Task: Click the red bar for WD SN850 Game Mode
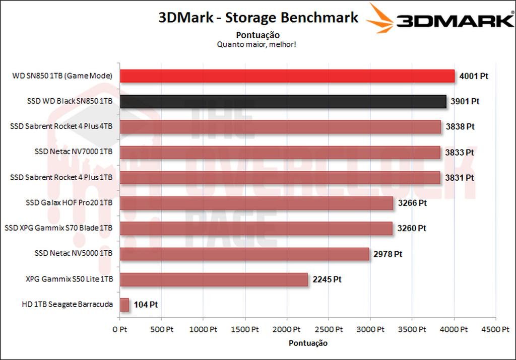point(287,76)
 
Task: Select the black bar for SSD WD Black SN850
point(283,101)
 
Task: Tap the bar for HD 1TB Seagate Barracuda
point(124,305)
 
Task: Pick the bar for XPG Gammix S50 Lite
point(214,279)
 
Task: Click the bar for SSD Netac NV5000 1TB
point(244,254)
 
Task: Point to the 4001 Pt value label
point(474,76)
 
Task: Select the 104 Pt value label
point(146,305)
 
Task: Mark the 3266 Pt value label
point(412,203)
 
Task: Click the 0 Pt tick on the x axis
point(120,329)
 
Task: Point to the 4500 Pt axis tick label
point(495,329)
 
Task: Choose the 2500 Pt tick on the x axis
point(329,329)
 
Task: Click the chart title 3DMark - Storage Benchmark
point(258,18)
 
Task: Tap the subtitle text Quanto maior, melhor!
point(256,44)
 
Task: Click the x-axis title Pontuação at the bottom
point(308,343)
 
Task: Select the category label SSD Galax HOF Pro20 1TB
point(69,203)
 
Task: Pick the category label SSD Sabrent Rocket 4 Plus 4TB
point(61,126)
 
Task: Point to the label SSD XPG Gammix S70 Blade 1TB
point(58,228)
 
